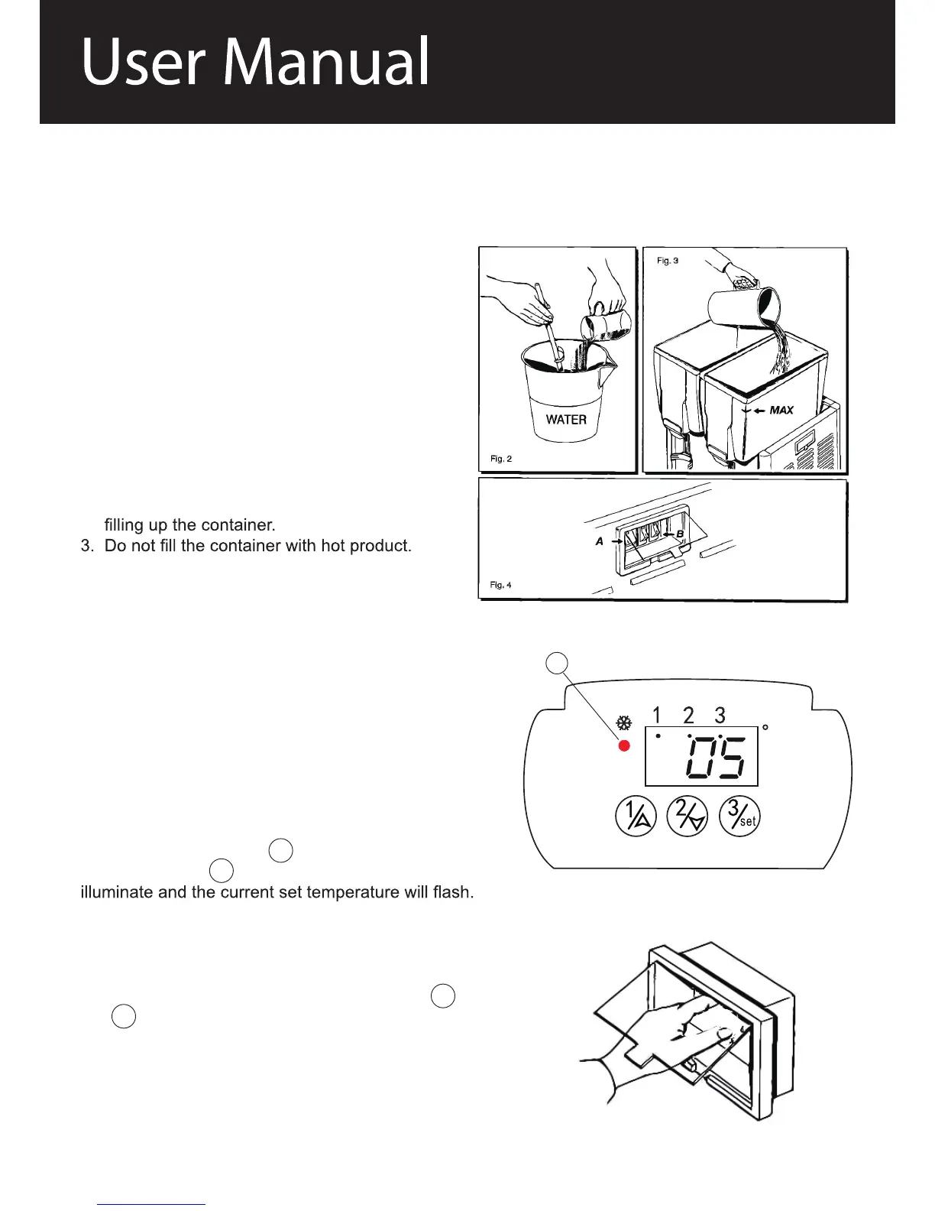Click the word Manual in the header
(327, 62)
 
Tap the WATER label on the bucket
(566, 420)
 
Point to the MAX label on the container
(781, 411)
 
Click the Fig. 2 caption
(501, 459)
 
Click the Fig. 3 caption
(667, 261)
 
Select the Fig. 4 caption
(500, 585)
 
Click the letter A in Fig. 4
(600, 541)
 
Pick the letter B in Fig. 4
(680, 534)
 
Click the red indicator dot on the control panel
(624, 746)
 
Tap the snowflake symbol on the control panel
(624, 722)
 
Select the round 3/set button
(739, 817)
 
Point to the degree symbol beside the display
(765, 728)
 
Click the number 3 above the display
(720, 716)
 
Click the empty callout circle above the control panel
(558, 664)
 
